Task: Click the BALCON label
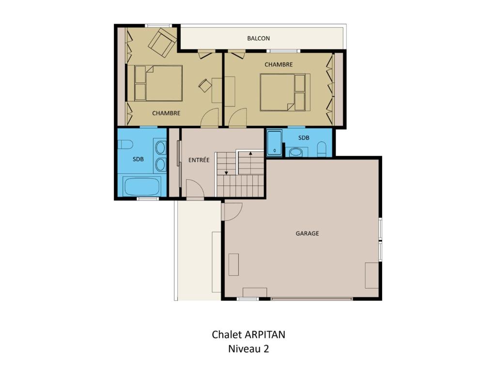[x=259, y=38]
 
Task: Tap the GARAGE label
[x=307, y=233]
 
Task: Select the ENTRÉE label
[x=199, y=160]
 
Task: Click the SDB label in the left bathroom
[x=138, y=159]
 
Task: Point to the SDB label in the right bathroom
[x=304, y=138]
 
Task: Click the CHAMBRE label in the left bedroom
[x=166, y=113]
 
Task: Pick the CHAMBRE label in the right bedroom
[x=279, y=64]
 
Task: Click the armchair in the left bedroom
[x=162, y=43]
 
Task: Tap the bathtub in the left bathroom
[x=141, y=186]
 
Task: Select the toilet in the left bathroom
[x=125, y=144]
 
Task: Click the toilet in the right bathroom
[x=322, y=149]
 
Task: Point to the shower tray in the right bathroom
[x=275, y=143]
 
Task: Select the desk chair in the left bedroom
[x=205, y=85]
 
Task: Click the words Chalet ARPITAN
[x=248, y=335]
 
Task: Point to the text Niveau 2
[x=248, y=349]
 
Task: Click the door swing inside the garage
[x=232, y=211]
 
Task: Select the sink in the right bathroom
[x=296, y=152]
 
